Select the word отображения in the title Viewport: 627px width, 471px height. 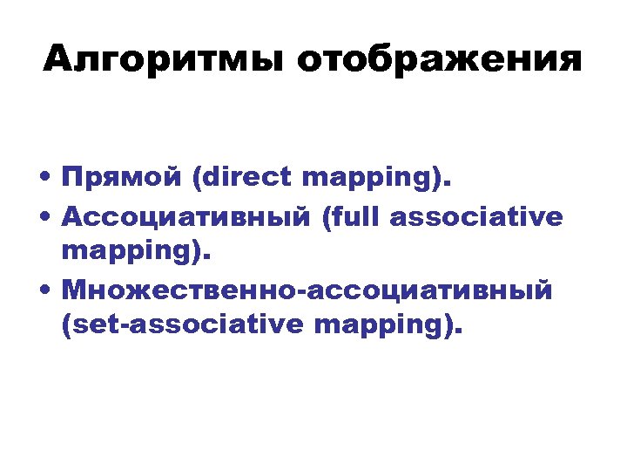pos(439,62)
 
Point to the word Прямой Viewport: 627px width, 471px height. pos(121,180)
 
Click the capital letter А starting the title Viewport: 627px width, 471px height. pos(60,60)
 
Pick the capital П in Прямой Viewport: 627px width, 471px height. pos(73,179)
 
